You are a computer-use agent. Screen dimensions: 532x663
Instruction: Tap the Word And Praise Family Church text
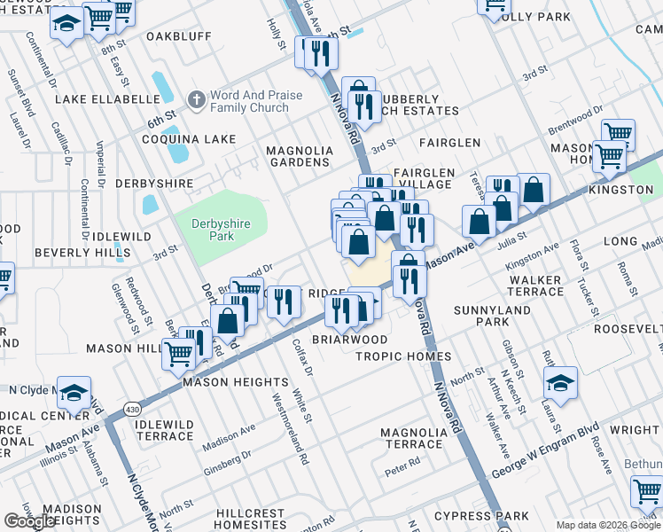coord(256,101)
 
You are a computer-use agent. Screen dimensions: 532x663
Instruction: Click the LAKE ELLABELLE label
coord(97,99)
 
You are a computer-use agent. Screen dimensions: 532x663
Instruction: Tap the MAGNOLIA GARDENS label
coord(300,157)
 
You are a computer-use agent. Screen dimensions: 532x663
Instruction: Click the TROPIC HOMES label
coord(403,356)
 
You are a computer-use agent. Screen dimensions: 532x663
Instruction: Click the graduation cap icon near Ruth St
coord(560,383)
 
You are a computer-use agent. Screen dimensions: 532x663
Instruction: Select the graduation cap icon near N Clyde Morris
coord(77,392)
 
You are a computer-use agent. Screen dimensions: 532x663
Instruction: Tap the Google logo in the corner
coord(29,521)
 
